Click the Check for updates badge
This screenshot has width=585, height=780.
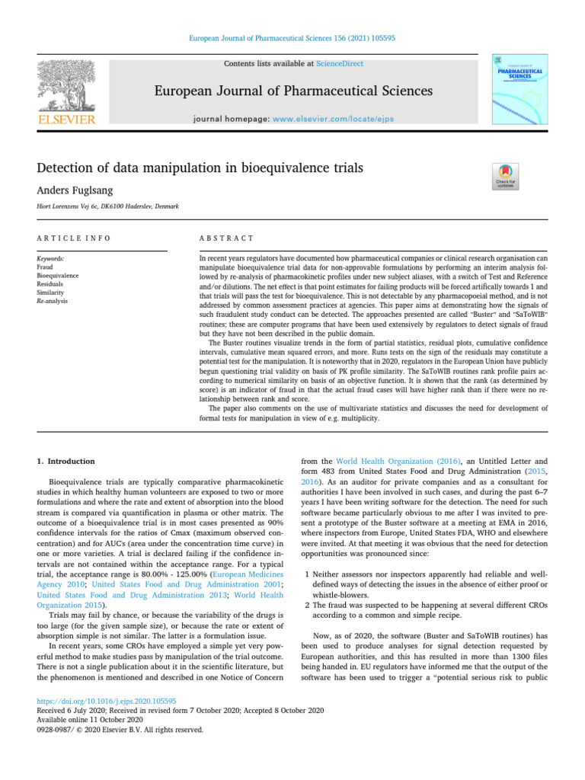[x=507, y=177]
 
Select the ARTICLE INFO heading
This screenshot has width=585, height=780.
[x=74, y=238]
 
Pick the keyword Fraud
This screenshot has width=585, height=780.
[x=45, y=267]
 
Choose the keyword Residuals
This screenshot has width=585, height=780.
[x=50, y=284]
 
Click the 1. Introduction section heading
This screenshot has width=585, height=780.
[x=66, y=462]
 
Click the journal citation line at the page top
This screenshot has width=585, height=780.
[x=292, y=37]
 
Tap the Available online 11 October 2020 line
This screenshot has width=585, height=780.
[x=85, y=720]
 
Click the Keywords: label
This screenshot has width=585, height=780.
[x=51, y=259]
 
